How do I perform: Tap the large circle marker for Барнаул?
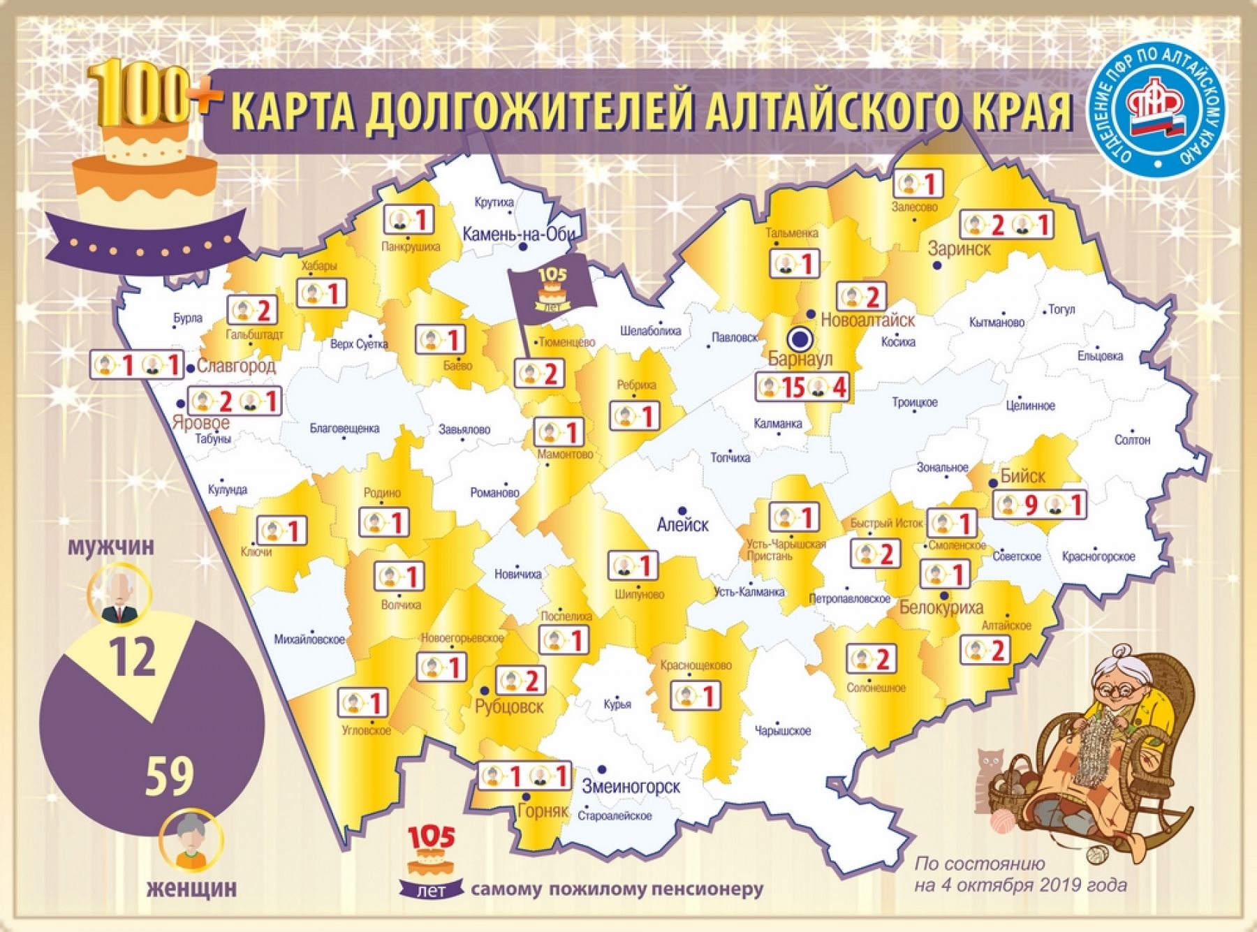point(801,340)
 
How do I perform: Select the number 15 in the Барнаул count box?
point(793,387)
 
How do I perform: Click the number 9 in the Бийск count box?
point(1031,505)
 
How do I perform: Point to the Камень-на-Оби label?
point(518,234)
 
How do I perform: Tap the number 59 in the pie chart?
point(169,776)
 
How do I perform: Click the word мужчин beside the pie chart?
point(110,547)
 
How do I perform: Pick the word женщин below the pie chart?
point(191,888)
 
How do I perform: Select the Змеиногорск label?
point(631,787)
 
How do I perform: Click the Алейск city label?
point(682,525)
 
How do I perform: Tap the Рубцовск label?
point(508,707)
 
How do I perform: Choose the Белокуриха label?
point(941,607)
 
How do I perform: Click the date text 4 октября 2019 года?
point(1021,885)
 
